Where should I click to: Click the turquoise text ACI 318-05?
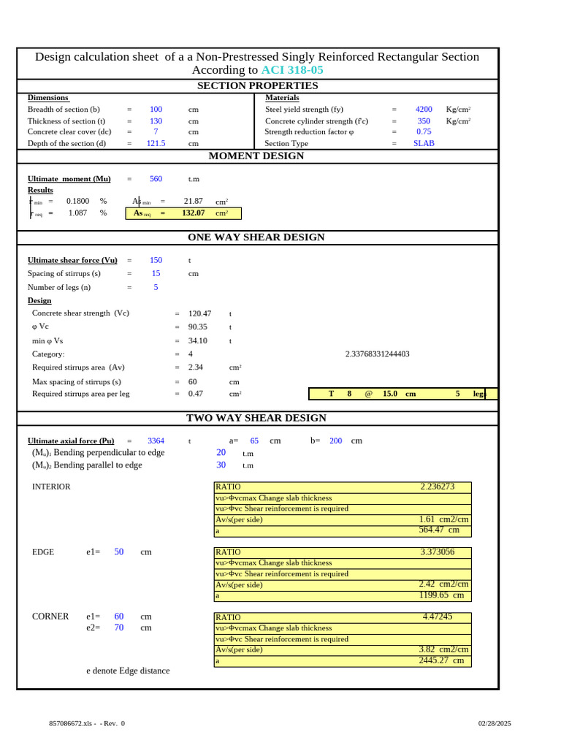click(x=292, y=70)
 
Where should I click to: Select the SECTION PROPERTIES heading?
click(x=258, y=86)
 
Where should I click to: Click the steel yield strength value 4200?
click(x=424, y=110)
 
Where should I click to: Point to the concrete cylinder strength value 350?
click(x=424, y=121)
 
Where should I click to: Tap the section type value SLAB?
click(x=424, y=144)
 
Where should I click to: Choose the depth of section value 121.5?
click(x=156, y=144)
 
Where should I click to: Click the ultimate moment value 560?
click(x=156, y=179)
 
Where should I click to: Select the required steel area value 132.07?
click(x=193, y=213)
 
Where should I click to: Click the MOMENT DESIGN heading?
click(x=256, y=156)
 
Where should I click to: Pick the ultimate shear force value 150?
click(x=156, y=260)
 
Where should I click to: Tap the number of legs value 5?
click(x=156, y=288)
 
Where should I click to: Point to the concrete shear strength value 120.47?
click(x=199, y=313)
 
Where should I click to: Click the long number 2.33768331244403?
click(x=377, y=354)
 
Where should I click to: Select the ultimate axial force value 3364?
click(x=156, y=441)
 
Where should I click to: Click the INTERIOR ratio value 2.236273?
click(x=437, y=486)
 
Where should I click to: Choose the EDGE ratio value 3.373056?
click(x=437, y=552)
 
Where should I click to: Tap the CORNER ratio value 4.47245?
click(x=437, y=617)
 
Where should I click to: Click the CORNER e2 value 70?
click(x=119, y=627)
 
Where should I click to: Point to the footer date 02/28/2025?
click(x=495, y=723)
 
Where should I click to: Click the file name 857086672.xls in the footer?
click(x=71, y=723)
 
